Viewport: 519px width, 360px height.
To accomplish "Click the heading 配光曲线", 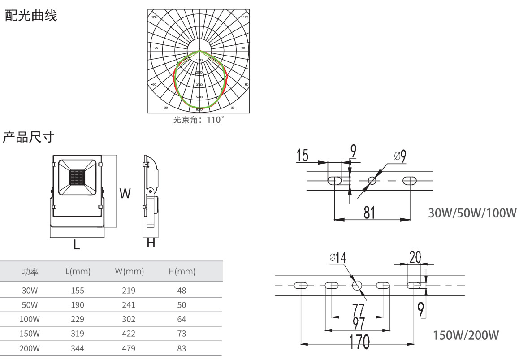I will click(x=30, y=17).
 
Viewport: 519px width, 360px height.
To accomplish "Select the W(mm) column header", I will click(x=129, y=271).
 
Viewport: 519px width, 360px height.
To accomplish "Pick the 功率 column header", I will click(x=30, y=271).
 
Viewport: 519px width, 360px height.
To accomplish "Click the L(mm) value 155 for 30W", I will click(x=78, y=291).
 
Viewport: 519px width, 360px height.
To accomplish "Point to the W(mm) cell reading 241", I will click(x=129, y=305).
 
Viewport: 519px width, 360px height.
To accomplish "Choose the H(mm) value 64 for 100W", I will click(x=182, y=319).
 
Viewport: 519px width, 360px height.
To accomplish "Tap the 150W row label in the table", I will click(x=30, y=334).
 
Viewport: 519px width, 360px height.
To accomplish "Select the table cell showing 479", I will click(x=129, y=348).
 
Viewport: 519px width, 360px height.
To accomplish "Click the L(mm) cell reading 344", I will click(x=78, y=348).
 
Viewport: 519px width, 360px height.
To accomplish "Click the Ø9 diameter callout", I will click(x=400, y=156).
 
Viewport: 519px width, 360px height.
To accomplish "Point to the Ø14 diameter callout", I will click(x=337, y=258).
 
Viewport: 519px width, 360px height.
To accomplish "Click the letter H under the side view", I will click(x=151, y=243).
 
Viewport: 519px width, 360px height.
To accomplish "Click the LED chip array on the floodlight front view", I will click(x=77, y=177).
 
